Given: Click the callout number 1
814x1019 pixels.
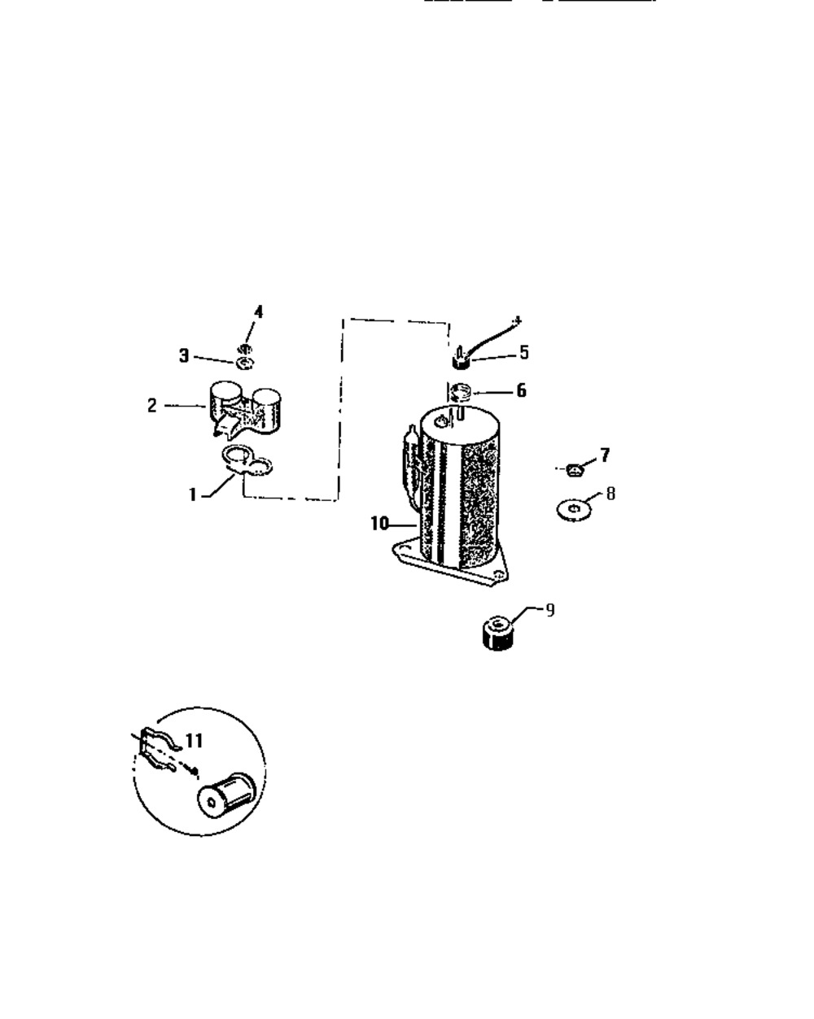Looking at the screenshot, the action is click(x=192, y=494).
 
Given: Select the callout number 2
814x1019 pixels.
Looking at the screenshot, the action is click(x=151, y=405).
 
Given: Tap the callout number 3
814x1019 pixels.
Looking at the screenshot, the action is click(x=184, y=355).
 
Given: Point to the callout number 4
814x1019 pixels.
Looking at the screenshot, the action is click(x=258, y=312).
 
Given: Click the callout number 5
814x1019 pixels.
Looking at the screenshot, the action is click(x=524, y=352).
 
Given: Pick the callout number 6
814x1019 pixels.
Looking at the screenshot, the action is click(x=522, y=390).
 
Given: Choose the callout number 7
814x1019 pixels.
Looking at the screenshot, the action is click(x=605, y=455).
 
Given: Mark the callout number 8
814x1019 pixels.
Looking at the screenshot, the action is click(x=610, y=494).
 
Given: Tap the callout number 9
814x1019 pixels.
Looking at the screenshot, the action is click(x=550, y=611).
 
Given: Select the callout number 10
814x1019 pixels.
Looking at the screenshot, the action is click(x=380, y=524).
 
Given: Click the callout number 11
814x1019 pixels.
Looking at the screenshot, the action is click(x=194, y=741).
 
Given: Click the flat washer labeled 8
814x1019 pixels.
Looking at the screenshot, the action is click(x=574, y=510).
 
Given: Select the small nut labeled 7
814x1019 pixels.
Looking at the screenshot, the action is click(x=575, y=470).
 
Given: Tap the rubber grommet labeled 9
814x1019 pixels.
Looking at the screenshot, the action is click(x=498, y=633).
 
